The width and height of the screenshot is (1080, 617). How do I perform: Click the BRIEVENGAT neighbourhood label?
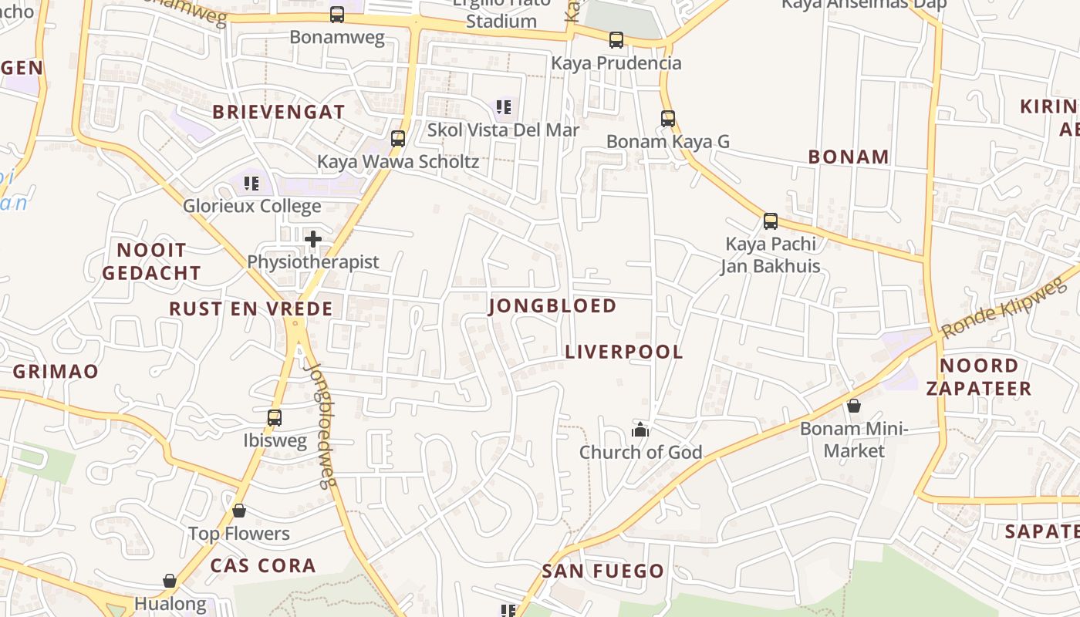(x=278, y=112)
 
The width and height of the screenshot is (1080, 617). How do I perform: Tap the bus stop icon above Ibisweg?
(x=275, y=418)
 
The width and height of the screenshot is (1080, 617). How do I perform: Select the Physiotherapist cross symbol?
(x=313, y=239)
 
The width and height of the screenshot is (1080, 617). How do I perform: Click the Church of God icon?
(x=640, y=430)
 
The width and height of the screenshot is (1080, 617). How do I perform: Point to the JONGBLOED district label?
(x=553, y=306)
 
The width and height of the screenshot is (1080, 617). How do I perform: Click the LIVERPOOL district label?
(x=624, y=352)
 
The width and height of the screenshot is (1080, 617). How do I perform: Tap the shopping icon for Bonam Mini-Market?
(x=854, y=406)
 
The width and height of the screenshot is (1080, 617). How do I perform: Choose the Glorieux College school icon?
(x=251, y=184)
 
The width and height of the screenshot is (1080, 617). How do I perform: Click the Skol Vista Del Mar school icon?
(x=504, y=106)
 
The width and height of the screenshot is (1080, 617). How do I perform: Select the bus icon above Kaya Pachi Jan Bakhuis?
(x=771, y=221)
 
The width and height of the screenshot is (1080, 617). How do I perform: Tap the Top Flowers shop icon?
(x=239, y=511)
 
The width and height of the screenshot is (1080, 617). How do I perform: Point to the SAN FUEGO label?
(x=602, y=571)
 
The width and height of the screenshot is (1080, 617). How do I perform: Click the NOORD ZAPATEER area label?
(x=979, y=376)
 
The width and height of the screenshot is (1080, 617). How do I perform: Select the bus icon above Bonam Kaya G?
(x=668, y=119)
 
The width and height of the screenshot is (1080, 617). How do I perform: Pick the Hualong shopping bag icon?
(x=170, y=581)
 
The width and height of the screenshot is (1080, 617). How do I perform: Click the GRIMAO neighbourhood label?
(x=56, y=372)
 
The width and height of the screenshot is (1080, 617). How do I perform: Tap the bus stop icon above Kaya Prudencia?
(x=616, y=40)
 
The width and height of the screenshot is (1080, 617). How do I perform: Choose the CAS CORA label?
(x=263, y=565)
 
